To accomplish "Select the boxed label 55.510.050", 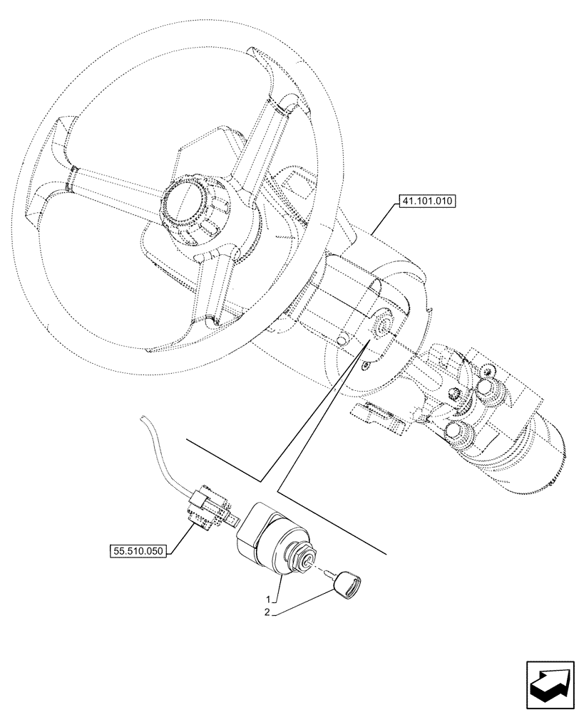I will point(137,551).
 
